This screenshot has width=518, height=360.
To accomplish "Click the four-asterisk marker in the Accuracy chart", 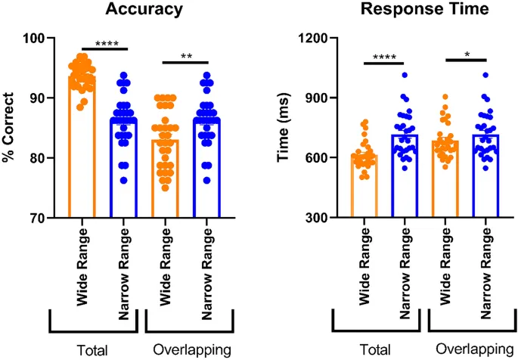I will pyautogui.click(x=104, y=44).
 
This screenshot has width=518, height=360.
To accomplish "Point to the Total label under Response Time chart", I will pyautogui.click(x=377, y=350).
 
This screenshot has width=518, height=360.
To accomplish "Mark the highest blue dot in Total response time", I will pyautogui.click(x=405, y=75).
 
